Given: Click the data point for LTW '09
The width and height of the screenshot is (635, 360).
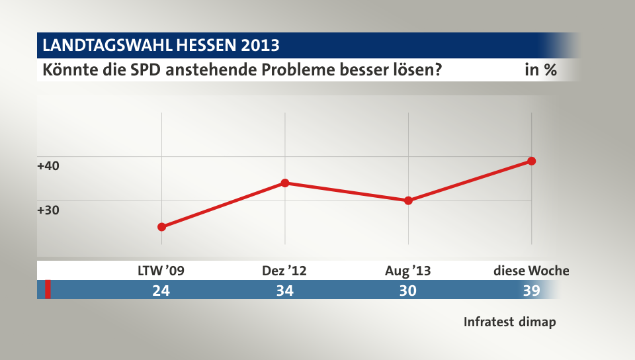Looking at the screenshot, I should (161, 227).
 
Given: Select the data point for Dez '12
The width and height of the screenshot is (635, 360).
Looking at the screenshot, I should (284, 183).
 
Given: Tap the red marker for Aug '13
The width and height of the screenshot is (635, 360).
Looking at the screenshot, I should (408, 201).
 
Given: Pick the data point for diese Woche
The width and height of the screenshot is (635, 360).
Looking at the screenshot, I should (531, 161).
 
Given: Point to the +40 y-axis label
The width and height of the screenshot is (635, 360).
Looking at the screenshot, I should (48, 165).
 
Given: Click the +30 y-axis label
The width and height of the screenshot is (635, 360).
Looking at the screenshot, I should (48, 210).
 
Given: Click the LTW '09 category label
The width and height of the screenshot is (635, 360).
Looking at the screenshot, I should (161, 270).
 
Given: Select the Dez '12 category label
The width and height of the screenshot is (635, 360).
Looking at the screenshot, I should (284, 270).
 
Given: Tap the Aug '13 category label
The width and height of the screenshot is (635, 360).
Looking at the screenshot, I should (407, 270).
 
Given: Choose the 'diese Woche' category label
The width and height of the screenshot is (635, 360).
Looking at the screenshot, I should (531, 270).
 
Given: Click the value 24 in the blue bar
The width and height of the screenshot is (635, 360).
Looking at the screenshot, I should (161, 290).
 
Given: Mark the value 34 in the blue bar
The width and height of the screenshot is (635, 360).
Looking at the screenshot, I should (284, 290).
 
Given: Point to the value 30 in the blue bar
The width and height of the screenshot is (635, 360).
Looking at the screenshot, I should (407, 290).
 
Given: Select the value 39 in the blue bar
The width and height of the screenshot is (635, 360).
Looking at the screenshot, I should (530, 290).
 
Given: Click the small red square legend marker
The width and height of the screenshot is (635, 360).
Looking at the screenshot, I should (48, 290).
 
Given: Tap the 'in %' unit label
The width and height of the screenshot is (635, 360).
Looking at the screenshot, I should (540, 69).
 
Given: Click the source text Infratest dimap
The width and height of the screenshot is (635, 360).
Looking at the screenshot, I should (509, 322).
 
